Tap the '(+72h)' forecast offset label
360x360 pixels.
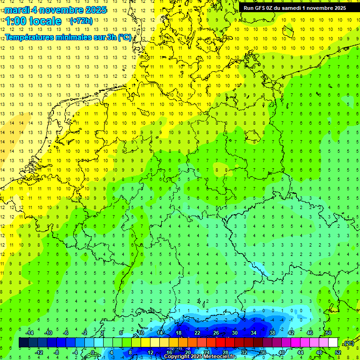(81, 21)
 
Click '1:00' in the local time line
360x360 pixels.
(15, 21)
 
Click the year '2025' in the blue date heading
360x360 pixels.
(93, 10)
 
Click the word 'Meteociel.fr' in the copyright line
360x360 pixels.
(220, 357)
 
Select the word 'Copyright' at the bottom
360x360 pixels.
(177, 357)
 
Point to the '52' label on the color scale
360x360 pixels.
(337, 352)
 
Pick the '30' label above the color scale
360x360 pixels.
(234, 333)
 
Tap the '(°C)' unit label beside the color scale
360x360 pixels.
(349, 343)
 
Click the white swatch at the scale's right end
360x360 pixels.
(333, 343)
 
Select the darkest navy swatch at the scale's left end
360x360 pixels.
(23, 343)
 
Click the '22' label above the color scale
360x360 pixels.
(197, 333)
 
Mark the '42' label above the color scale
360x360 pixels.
(291, 333)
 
